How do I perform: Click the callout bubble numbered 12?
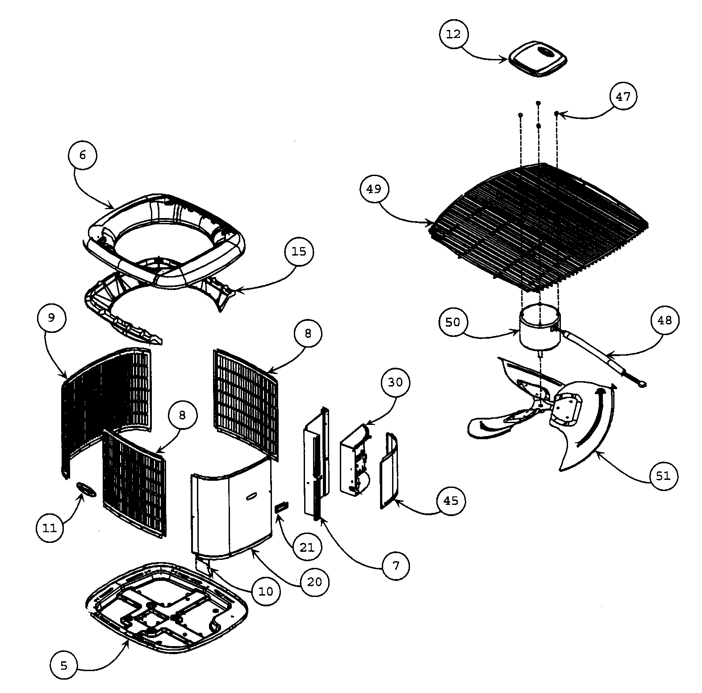coord(453,34)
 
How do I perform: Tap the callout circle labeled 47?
coord(623,97)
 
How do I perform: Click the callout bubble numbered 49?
coord(374,189)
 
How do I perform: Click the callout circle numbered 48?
coord(664,320)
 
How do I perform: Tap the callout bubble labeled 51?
coord(663,476)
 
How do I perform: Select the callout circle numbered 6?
coord(82,155)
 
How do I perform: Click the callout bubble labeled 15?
coord(299,252)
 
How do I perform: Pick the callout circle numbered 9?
coord(51,318)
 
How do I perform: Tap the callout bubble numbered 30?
coord(395,382)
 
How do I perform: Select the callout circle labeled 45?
coord(451,501)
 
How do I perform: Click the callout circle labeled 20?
coord(314,582)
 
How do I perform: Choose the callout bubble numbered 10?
coord(265,592)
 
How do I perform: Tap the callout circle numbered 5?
coord(64,666)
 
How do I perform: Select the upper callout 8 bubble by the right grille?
coord(308,333)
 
